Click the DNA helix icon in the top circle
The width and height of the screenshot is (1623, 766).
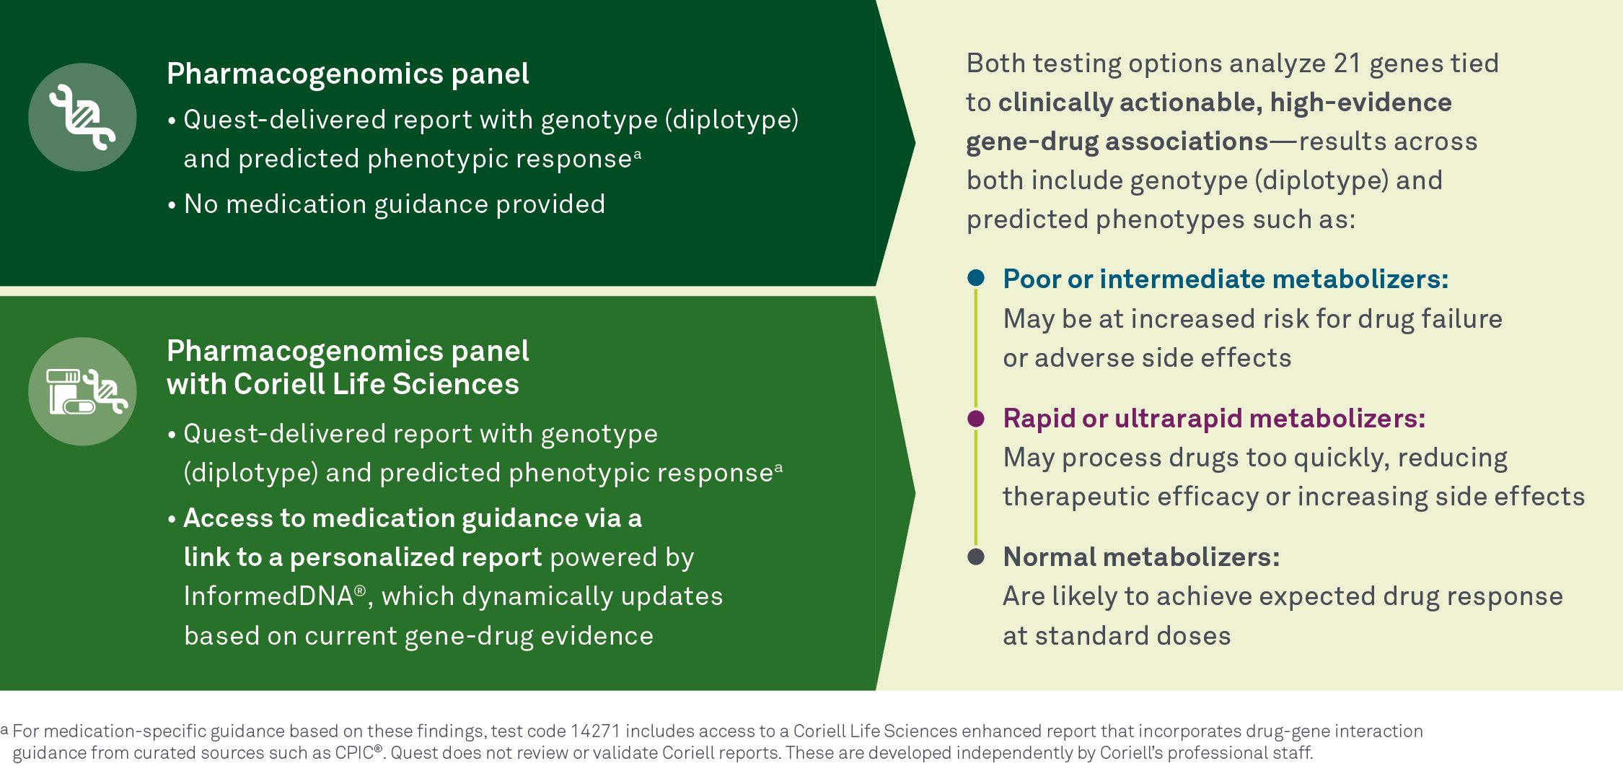coord(82,117)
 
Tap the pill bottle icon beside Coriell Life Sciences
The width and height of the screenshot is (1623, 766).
coord(71,391)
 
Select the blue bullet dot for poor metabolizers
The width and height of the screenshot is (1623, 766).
coord(976,278)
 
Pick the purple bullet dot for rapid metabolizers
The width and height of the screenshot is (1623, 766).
coord(976,418)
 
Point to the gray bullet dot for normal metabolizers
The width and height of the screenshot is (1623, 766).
coord(976,557)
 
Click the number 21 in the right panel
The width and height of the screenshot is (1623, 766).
coord(1347,64)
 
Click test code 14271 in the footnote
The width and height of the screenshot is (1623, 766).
coord(595,731)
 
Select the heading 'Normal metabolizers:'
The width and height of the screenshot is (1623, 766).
coord(1141,557)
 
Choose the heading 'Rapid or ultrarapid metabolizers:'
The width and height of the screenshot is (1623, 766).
coord(1214,418)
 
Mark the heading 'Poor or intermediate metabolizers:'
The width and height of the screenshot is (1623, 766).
coord(1226,279)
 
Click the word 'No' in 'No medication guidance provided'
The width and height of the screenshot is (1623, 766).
coord(201,204)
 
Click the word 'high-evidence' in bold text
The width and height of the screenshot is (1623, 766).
coord(1360,103)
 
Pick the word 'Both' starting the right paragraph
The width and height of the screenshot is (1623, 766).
coord(995,64)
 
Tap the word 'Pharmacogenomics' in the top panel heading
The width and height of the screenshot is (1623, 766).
coord(305,74)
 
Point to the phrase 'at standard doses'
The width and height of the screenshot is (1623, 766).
coord(1117,636)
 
